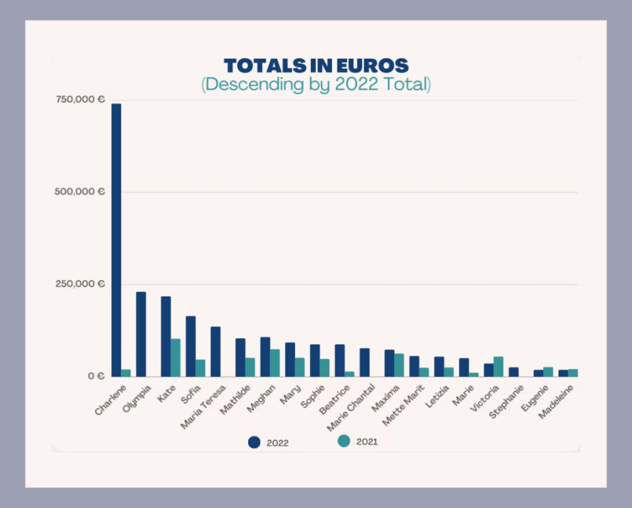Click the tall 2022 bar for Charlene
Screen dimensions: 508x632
point(116,240)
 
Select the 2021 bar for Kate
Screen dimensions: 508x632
point(176,358)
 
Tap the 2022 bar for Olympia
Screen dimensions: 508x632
point(141,334)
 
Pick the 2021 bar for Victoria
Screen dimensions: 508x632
point(498,367)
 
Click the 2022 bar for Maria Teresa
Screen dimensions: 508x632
point(215,352)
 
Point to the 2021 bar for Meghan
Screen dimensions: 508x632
point(275,363)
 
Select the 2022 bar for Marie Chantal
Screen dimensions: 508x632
point(365,362)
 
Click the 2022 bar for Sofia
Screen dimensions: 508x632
point(190,347)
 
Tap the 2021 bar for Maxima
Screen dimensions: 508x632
point(399,365)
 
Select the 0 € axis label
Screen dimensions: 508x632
point(96,376)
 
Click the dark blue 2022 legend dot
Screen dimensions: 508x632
point(254,442)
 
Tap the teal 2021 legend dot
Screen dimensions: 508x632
point(344,441)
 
